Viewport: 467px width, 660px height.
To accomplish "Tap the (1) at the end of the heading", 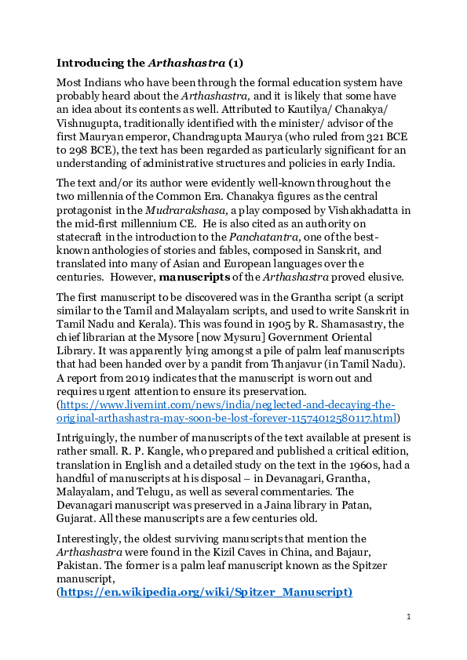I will pos(235,63).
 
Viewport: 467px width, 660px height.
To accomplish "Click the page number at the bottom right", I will pos(409,618).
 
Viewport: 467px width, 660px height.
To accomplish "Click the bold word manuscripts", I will pos(195,277).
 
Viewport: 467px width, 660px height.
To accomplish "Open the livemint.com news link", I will pos(228,405).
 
